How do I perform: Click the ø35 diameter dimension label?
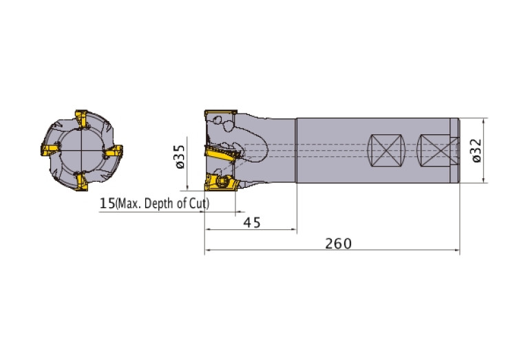[x=180, y=156]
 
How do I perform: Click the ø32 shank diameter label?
[x=477, y=151]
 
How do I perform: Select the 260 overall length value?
[x=338, y=243]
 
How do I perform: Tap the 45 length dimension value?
[x=252, y=222]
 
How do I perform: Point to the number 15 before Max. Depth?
[x=107, y=204]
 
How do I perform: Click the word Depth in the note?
[x=158, y=204]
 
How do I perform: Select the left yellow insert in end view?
[x=50, y=149]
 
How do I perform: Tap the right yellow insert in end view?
[x=113, y=151]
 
